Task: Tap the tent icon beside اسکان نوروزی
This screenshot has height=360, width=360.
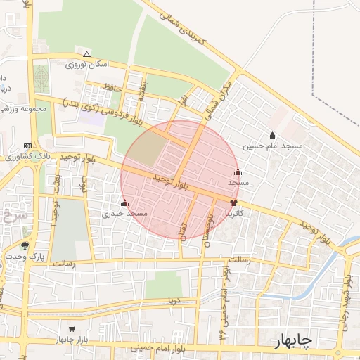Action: click(x=86, y=54)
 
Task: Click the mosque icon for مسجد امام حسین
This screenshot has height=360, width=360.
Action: click(x=272, y=136)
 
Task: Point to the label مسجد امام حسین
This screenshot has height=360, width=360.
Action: click(x=272, y=146)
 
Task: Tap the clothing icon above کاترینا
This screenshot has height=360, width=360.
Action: click(x=233, y=202)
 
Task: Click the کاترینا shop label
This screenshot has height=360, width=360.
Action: click(x=234, y=212)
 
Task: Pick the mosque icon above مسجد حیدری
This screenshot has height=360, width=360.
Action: click(x=124, y=203)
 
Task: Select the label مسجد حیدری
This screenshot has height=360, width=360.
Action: click(x=124, y=213)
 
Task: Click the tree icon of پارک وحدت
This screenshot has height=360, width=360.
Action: click(x=25, y=245)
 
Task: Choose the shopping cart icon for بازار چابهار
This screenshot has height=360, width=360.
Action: click(x=71, y=329)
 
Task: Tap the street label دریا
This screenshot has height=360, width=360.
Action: click(x=173, y=300)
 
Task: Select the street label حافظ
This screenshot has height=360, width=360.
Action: click(x=112, y=87)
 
